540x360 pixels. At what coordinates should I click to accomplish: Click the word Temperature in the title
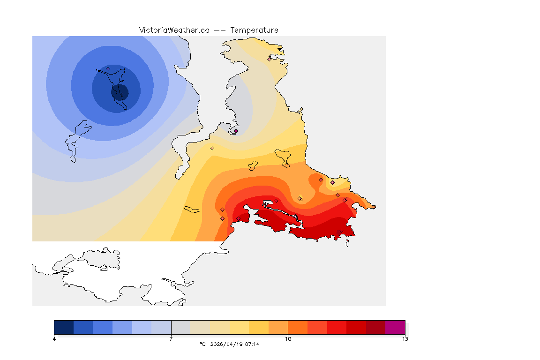pyautogui.click(x=254, y=30)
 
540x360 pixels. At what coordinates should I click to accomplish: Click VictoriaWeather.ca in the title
pyautogui.click(x=174, y=30)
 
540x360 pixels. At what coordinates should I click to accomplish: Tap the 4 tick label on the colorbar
pyautogui.click(x=54, y=339)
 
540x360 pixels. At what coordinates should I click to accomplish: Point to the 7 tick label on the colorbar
pyautogui.click(x=171, y=339)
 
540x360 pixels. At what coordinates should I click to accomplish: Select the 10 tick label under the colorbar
pyautogui.click(x=288, y=339)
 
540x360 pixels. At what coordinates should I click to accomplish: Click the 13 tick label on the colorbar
pyautogui.click(x=405, y=339)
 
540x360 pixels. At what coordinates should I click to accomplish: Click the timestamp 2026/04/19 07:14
pyautogui.click(x=235, y=344)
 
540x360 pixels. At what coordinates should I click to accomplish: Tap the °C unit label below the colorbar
pyautogui.click(x=202, y=344)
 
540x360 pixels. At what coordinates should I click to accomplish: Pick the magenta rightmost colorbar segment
pyautogui.click(x=395, y=327)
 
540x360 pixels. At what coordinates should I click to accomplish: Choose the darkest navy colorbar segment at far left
pyautogui.click(x=64, y=327)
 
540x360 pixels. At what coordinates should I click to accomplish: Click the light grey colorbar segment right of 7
pyautogui.click(x=180, y=327)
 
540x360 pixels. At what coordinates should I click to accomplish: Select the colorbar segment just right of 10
pyautogui.click(x=297, y=327)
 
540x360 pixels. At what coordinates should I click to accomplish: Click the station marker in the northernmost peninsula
pyautogui.click(x=269, y=59)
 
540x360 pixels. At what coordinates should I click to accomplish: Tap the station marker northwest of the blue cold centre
pyautogui.click(x=108, y=69)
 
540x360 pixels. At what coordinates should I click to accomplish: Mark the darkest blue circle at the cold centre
pyautogui.click(x=120, y=91)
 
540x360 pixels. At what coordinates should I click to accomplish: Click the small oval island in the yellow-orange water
pyautogui.click(x=192, y=209)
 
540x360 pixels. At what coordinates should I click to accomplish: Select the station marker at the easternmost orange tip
pyautogui.click(x=374, y=207)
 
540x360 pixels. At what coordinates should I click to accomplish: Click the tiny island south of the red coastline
pyautogui.click(x=347, y=243)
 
